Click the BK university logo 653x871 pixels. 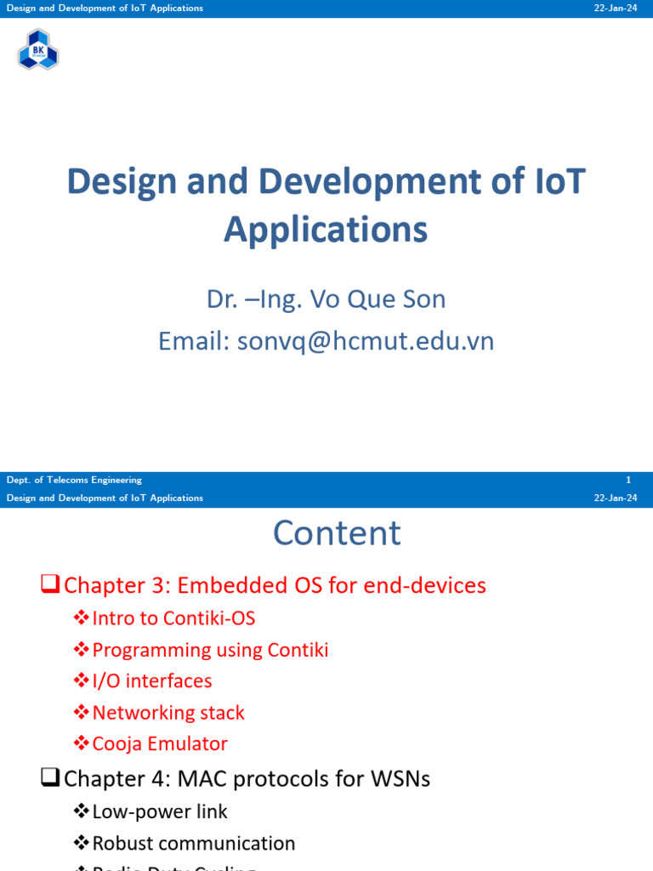38,49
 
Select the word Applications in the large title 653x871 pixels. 326,230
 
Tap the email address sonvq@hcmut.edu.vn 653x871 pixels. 366,341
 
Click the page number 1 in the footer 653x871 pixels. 627,480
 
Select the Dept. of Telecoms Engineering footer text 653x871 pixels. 74,480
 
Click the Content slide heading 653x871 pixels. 337,533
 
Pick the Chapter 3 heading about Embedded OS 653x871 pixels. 275,585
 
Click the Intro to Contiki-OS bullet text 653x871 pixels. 173,618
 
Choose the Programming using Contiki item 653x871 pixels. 210,650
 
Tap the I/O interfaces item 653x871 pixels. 152,681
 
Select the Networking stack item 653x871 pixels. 168,713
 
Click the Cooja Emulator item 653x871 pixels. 160,744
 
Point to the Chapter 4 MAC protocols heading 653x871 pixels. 247,778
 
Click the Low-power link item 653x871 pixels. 160,811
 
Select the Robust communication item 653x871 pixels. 194,843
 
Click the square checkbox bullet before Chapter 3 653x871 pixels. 50,584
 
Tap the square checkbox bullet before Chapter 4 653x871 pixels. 50,777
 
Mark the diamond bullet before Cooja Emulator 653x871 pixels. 82,743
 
